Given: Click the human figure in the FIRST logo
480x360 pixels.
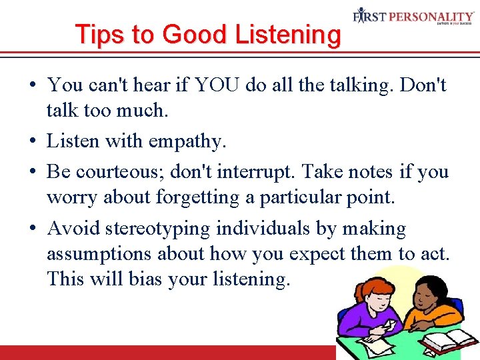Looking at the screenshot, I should tap(361, 15).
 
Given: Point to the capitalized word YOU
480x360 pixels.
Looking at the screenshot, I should tap(214, 85).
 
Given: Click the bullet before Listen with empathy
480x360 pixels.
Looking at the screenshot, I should tap(33, 141).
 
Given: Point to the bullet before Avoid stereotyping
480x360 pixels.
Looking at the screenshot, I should tap(33, 229).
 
